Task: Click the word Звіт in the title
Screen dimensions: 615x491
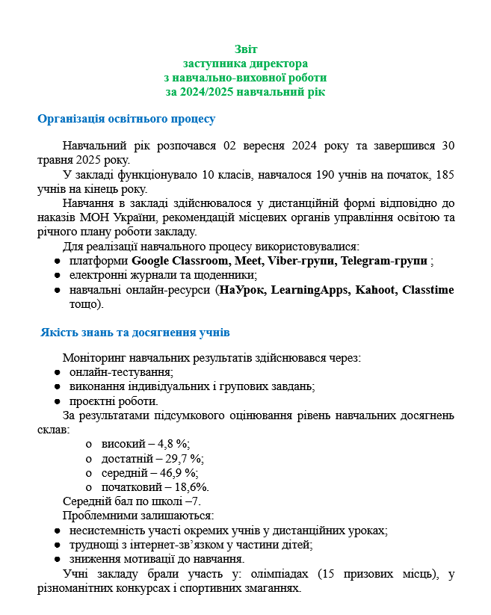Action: coord(245,49)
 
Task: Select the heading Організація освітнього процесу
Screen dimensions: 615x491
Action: coord(126,119)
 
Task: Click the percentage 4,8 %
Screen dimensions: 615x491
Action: coord(170,444)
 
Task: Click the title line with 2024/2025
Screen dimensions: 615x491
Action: coord(245,92)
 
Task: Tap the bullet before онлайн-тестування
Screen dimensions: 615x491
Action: coord(58,372)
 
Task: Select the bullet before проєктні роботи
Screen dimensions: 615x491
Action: coord(58,401)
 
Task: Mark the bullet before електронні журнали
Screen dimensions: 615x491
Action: coord(58,275)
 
